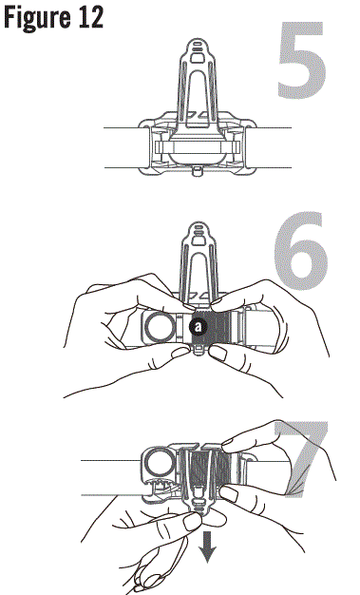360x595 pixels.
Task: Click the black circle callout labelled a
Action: tap(198, 327)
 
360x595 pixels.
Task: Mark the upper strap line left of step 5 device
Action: tap(120, 127)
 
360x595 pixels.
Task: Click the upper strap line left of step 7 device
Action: tap(104, 462)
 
